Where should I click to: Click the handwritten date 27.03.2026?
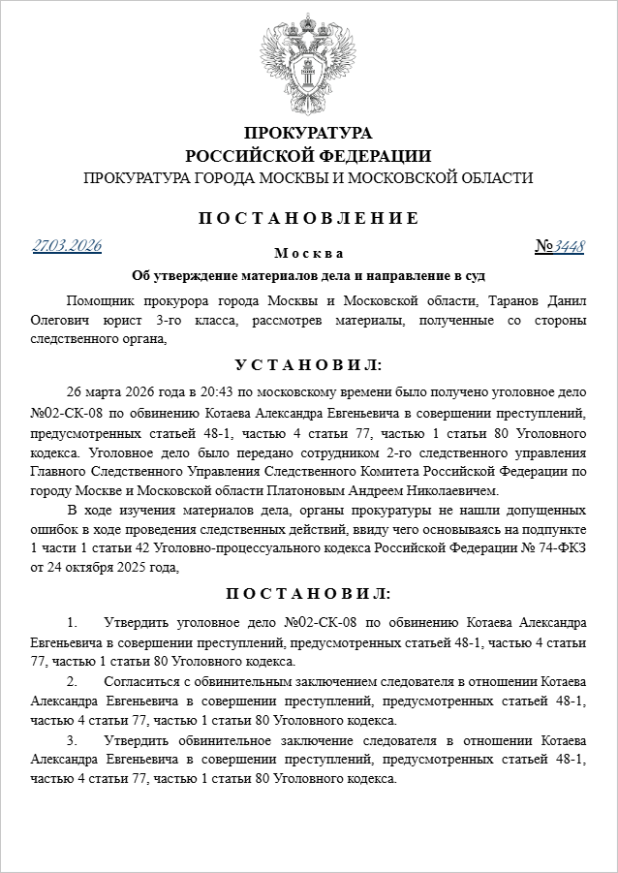coord(67,246)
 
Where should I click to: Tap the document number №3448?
coord(560,246)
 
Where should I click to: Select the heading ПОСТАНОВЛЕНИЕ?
coord(309,218)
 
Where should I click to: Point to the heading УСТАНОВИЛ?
coord(309,365)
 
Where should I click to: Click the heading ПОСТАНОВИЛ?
coord(309,592)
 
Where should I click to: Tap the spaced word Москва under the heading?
coord(308,254)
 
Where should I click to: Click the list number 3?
coord(71,741)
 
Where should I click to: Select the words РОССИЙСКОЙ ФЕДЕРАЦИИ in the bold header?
coord(308,155)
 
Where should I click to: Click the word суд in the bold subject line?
coord(472,274)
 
